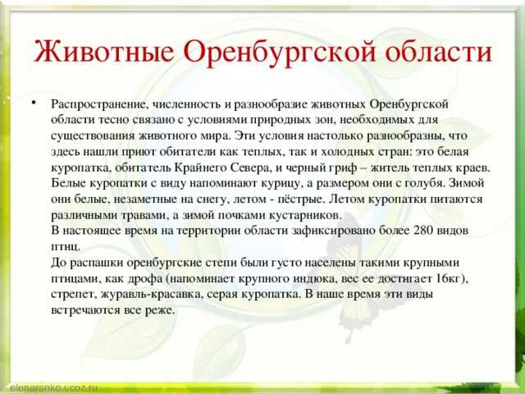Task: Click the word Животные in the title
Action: coord(104,51)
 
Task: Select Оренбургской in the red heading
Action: coord(280,53)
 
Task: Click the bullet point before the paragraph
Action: coord(34,102)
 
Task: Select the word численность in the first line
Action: coord(186,104)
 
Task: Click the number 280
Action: coord(423,231)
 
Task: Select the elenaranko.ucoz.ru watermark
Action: coord(53,388)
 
